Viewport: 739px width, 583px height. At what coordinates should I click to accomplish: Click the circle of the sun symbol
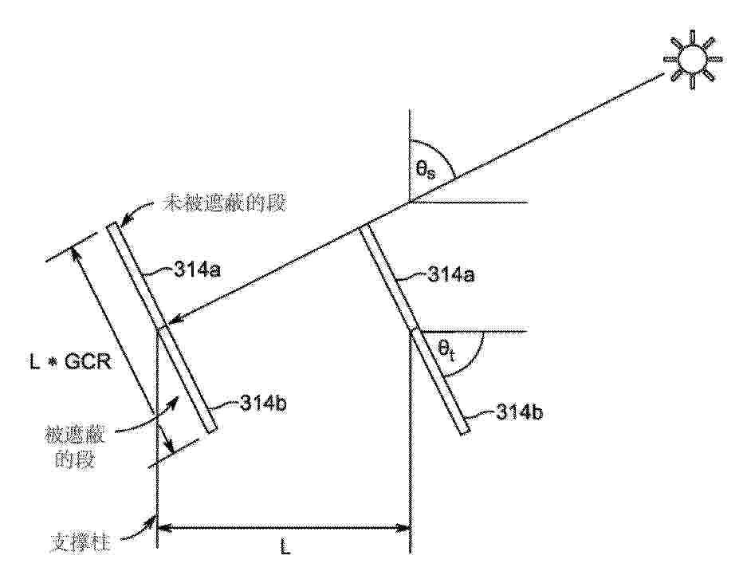[692, 60]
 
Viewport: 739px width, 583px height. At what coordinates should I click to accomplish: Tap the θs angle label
[426, 170]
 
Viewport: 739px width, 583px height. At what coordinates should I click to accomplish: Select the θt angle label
[447, 352]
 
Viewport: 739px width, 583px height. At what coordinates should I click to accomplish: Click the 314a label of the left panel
[198, 270]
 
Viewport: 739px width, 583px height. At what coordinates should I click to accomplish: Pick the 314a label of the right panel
[450, 274]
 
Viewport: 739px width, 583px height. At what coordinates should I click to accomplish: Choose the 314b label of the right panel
[519, 412]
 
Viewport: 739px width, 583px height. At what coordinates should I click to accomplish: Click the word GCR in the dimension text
[88, 362]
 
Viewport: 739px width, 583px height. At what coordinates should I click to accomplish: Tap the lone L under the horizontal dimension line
[285, 548]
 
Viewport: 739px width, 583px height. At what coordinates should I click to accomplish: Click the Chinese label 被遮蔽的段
[76, 446]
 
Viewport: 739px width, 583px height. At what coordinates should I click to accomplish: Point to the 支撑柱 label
[81, 542]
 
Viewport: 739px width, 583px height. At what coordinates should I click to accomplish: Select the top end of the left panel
[111, 225]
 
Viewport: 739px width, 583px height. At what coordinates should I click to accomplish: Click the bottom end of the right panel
[465, 431]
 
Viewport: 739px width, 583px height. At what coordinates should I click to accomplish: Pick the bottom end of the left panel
[212, 429]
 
